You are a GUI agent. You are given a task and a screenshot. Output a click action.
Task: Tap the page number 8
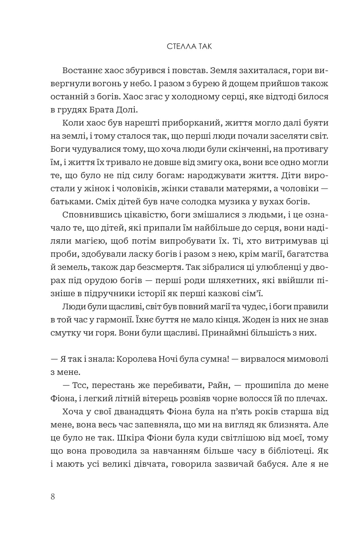point(53,496)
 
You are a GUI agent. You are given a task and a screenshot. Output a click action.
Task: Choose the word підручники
point(107,294)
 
